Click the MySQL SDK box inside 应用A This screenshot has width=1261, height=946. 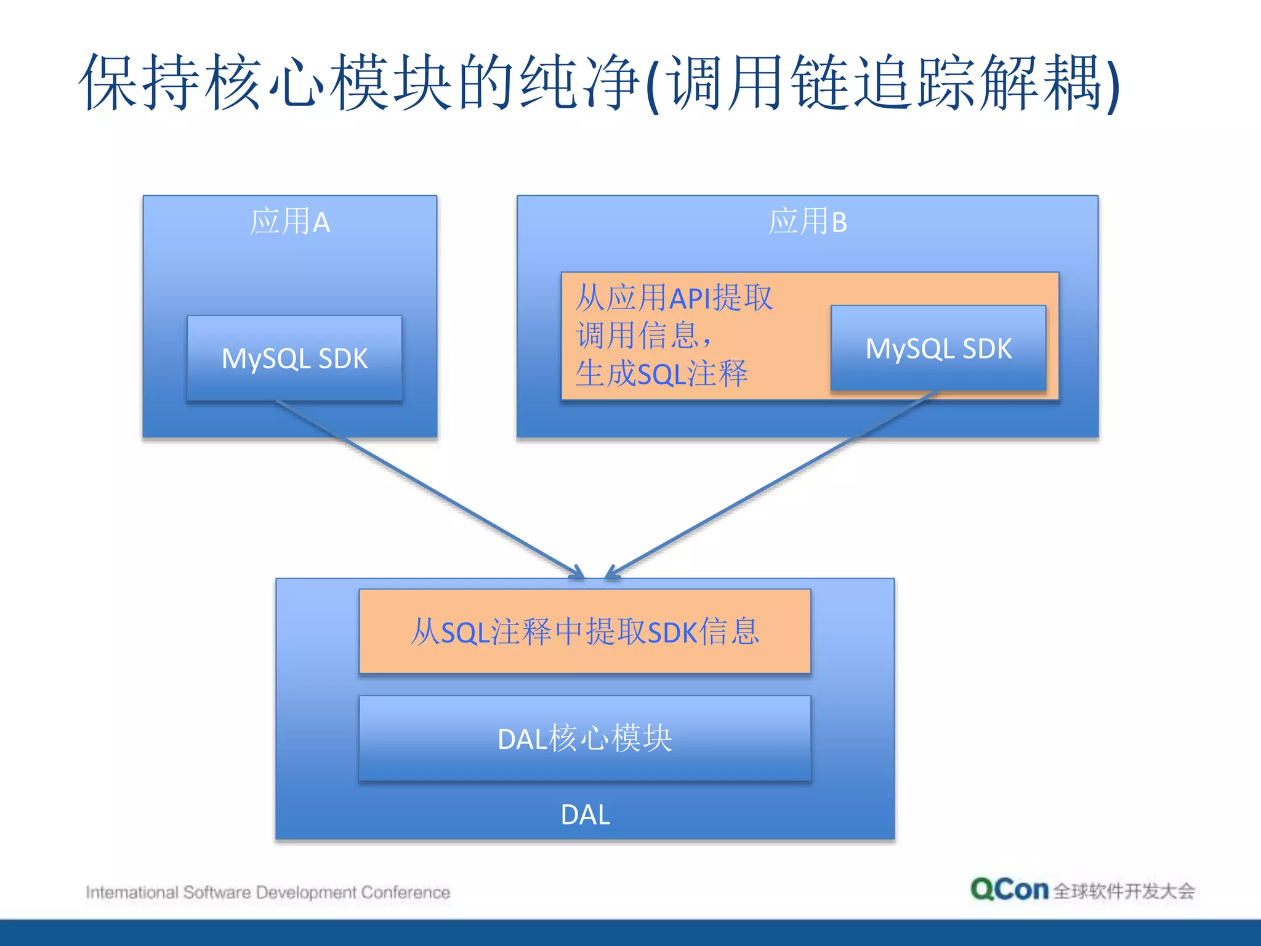pyautogui.click(x=294, y=358)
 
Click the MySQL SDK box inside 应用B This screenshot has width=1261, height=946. pyautogui.click(x=938, y=349)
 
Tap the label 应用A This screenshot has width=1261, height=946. pyautogui.click(x=290, y=222)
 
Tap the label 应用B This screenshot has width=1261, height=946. pyautogui.click(x=807, y=222)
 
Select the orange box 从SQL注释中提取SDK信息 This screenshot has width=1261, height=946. pyautogui.click(x=584, y=632)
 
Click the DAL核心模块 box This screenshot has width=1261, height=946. pyautogui.click(x=584, y=738)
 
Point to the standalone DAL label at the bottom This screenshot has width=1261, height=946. pyautogui.click(x=585, y=815)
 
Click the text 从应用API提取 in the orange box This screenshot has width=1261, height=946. pyautogui.click(x=674, y=298)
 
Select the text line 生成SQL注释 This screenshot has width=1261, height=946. pyautogui.click(x=661, y=374)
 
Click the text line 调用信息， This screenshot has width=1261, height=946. pyautogui.click(x=644, y=336)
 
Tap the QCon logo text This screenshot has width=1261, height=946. pyautogui.click(x=1009, y=890)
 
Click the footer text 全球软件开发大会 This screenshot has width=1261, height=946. pyautogui.click(x=1124, y=891)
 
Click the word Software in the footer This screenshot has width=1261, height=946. pyautogui.click(x=217, y=892)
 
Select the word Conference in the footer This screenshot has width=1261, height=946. pyautogui.click(x=405, y=892)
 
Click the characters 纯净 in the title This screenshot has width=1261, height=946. pyautogui.click(x=579, y=82)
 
